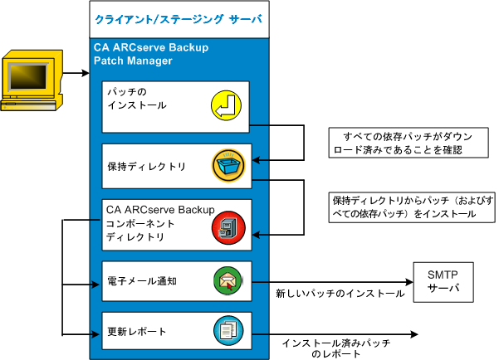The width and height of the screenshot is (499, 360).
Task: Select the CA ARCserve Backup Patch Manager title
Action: (x=151, y=54)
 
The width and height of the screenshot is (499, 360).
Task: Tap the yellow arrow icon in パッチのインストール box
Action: (x=224, y=105)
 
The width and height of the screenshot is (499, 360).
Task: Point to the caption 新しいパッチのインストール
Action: (x=340, y=294)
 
